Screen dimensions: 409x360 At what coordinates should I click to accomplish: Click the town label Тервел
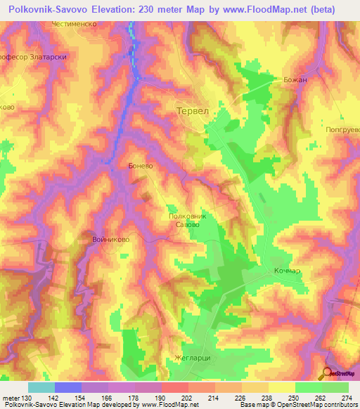point(192,112)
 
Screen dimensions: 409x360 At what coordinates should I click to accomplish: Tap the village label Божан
point(296,80)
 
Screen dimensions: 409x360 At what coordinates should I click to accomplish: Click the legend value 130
point(27,397)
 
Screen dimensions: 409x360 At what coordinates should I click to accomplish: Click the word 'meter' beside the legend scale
point(10,397)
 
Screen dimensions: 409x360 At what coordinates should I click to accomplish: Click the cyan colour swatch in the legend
point(41,387)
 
